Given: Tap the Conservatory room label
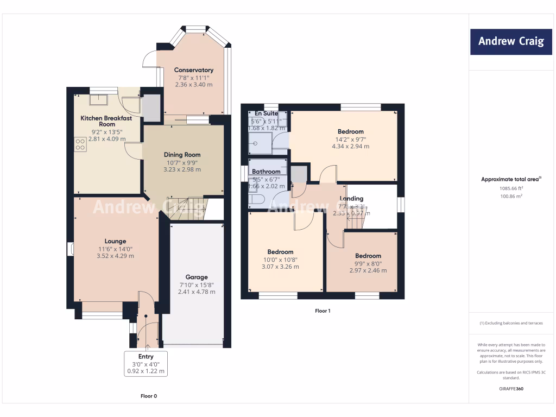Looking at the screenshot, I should tap(193, 70).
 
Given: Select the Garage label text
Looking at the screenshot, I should tap(197, 277).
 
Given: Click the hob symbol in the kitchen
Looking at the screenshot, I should tap(80, 144).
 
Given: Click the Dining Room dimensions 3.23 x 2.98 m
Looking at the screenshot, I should tap(182, 169).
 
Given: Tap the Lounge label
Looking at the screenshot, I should tap(115, 241).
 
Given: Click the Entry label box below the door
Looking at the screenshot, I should tap(146, 364).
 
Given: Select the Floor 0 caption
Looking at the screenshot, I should tap(149, 396).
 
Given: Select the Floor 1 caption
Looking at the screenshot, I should tap(323, 311).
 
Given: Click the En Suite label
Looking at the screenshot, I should tap(267, 113).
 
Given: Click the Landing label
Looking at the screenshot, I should tap(351, 199).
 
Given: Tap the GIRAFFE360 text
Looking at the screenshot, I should tap(510, 389).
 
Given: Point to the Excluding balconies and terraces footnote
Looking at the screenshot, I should tap(510, 323).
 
